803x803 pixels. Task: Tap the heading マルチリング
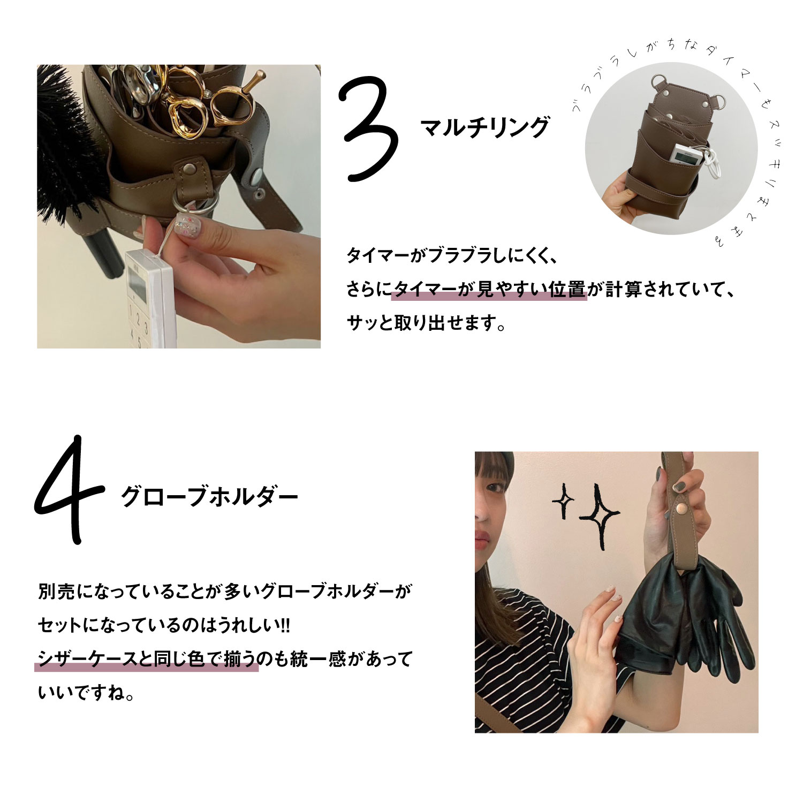485,127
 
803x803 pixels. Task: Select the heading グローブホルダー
209,497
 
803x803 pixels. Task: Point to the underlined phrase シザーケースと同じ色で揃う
146,658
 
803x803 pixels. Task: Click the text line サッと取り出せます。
426,323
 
